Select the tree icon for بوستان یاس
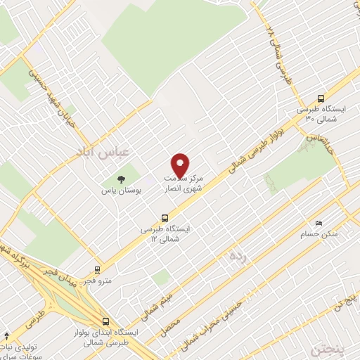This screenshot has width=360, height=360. [x=124, y=179]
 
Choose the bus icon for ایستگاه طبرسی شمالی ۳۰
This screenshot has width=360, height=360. [x=322, y=98]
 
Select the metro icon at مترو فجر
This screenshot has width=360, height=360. [x=97, y=269]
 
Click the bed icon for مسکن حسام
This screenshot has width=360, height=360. [x=320, y=222]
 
